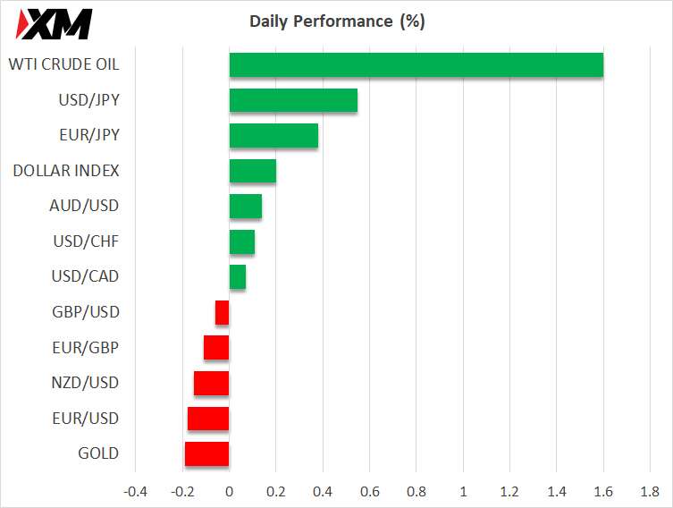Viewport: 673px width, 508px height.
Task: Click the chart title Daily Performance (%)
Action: click(337, 21)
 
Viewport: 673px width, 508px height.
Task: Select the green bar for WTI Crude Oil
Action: click(416, 65)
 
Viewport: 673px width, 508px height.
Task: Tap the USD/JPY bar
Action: click(293, 100)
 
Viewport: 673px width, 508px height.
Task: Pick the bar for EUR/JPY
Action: click(273, 135)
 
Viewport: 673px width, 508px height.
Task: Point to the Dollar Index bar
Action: click(253, 171)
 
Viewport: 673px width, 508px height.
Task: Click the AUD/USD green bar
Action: click(246, 206)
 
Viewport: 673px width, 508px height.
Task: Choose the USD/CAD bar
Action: click(238, 277)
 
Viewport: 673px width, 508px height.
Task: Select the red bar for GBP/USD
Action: click(223, 312)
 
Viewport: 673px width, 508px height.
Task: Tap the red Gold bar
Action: click(207, 453)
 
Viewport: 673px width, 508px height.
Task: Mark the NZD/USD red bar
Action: click(212, 383)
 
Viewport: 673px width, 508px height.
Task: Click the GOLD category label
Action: click(98, 453)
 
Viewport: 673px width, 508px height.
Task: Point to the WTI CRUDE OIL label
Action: click(63, 64)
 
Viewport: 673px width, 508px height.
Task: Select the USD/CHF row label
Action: click(85, 241)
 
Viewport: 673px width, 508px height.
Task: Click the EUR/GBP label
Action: click(86, 347)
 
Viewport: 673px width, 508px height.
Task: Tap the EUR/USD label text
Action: click(85, 419)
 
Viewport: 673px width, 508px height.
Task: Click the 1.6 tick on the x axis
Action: click(603, 491)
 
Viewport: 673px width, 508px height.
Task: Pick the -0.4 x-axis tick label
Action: click(136, 491)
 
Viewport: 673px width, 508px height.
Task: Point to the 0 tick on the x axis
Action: click(230, 491)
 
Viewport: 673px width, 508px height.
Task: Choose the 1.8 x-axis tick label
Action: click(650, 491)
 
